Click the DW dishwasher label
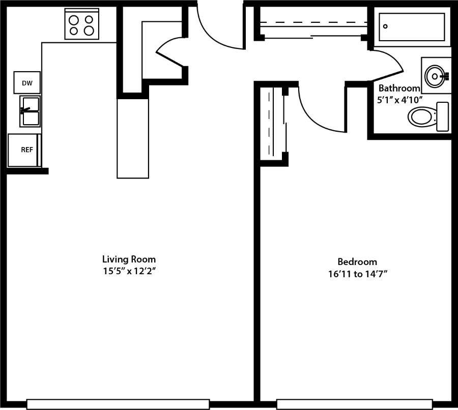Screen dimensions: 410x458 point(26,82)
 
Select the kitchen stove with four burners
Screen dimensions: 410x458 point(82,24)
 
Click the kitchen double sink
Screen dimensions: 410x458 point(30,111)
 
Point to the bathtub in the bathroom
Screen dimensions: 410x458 point(412,27)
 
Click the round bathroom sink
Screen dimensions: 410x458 point(435,76)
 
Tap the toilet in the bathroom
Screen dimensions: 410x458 point(427,116)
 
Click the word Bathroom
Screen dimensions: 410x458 point(399,88)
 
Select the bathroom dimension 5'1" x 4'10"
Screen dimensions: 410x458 point(400,100)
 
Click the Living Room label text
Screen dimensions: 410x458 point(129,259)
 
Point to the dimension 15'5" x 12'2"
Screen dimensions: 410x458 point(129,271)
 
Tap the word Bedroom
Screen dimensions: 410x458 point(357,262)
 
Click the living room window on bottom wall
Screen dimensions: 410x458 point(118,404)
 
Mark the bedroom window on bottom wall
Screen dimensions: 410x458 point(354,404)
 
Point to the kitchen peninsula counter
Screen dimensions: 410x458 point(133,138)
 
